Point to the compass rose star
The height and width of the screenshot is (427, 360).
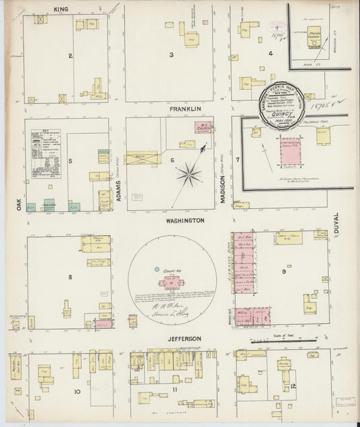189,176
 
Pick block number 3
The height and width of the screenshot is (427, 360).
172,55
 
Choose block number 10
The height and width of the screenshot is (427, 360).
77,391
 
